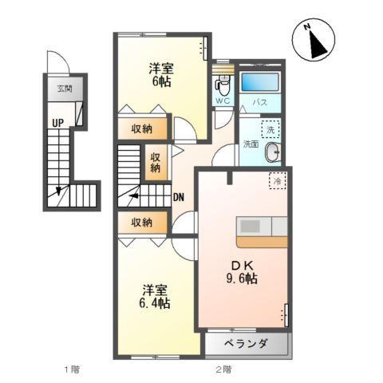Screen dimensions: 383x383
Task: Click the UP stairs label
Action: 58,124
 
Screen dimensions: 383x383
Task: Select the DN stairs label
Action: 180,196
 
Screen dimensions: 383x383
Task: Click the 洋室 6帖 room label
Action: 160,73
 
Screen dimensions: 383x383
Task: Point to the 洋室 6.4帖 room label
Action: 156,296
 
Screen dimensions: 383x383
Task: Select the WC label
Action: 222,101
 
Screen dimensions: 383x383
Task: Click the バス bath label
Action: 259,102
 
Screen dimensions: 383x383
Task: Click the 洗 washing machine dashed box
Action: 270,129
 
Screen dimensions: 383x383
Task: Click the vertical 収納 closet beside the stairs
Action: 155,162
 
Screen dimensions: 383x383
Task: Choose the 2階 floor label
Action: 223,369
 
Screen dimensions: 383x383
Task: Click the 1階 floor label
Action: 72,369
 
